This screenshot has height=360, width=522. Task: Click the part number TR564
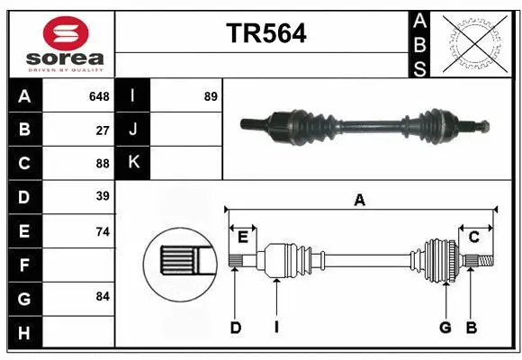pyautogui.click(x=265, y=34)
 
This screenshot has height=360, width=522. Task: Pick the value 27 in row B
pyautogui.click(x=103, y=130)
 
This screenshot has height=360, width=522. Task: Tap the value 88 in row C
pyautogui.click(x=103, y=164)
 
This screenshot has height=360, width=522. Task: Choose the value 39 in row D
pyautogui.click(x=103, y=196)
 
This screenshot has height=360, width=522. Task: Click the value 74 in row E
pyautogui.click(x=103, y=231)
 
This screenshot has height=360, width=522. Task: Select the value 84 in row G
pyautogui.click(x=103, y=296)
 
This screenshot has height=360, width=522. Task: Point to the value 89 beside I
pyautogui.click(x=211, y=96)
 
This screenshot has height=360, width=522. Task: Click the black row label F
pyautogui.click(x=24, y=265)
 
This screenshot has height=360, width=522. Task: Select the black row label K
pyautogui.click(x=133, y=162)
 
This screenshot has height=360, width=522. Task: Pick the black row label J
pyautogui.click(x=133, y=130)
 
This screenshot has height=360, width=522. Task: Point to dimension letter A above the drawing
pyautogui.click(x=359, y=201)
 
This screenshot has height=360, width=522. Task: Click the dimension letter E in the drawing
pyautogui.click(x=242, y=237)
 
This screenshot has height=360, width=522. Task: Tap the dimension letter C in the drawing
pyautogui.click(x=473, y=237)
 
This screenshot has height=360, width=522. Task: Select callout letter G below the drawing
pyautogui.click(x=445, y=328)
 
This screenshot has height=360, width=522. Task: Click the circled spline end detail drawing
pyautogui.click(x=178, y=262)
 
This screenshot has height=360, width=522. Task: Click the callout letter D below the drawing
pyautogui.click(x=236, y=328)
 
